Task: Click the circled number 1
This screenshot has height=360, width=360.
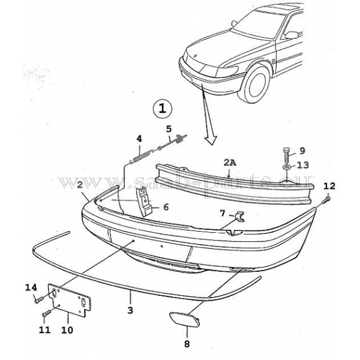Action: click(x=163, y=109)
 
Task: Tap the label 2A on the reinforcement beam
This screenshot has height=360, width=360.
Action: click(x=230, y=163)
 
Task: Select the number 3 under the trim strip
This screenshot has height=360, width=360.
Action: click(x=130, y=310)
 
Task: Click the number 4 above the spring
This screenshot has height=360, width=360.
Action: click(x=139, y=139)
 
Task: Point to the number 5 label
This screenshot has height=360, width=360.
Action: click(x=169, y=128)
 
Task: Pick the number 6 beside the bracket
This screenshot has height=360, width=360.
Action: click(x=166, y=208)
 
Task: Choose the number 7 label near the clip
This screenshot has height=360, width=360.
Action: click(x=223, y=214)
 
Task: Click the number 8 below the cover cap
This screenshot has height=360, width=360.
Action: click(x=187, y=344)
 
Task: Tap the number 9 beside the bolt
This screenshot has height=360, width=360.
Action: click(x=302, y=150)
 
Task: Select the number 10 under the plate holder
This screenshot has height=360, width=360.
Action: click(x=67, y=329)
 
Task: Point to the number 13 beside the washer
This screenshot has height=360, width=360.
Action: click(x=303, y=166)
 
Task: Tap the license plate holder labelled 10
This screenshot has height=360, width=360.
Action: click(x=69, y=300)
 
